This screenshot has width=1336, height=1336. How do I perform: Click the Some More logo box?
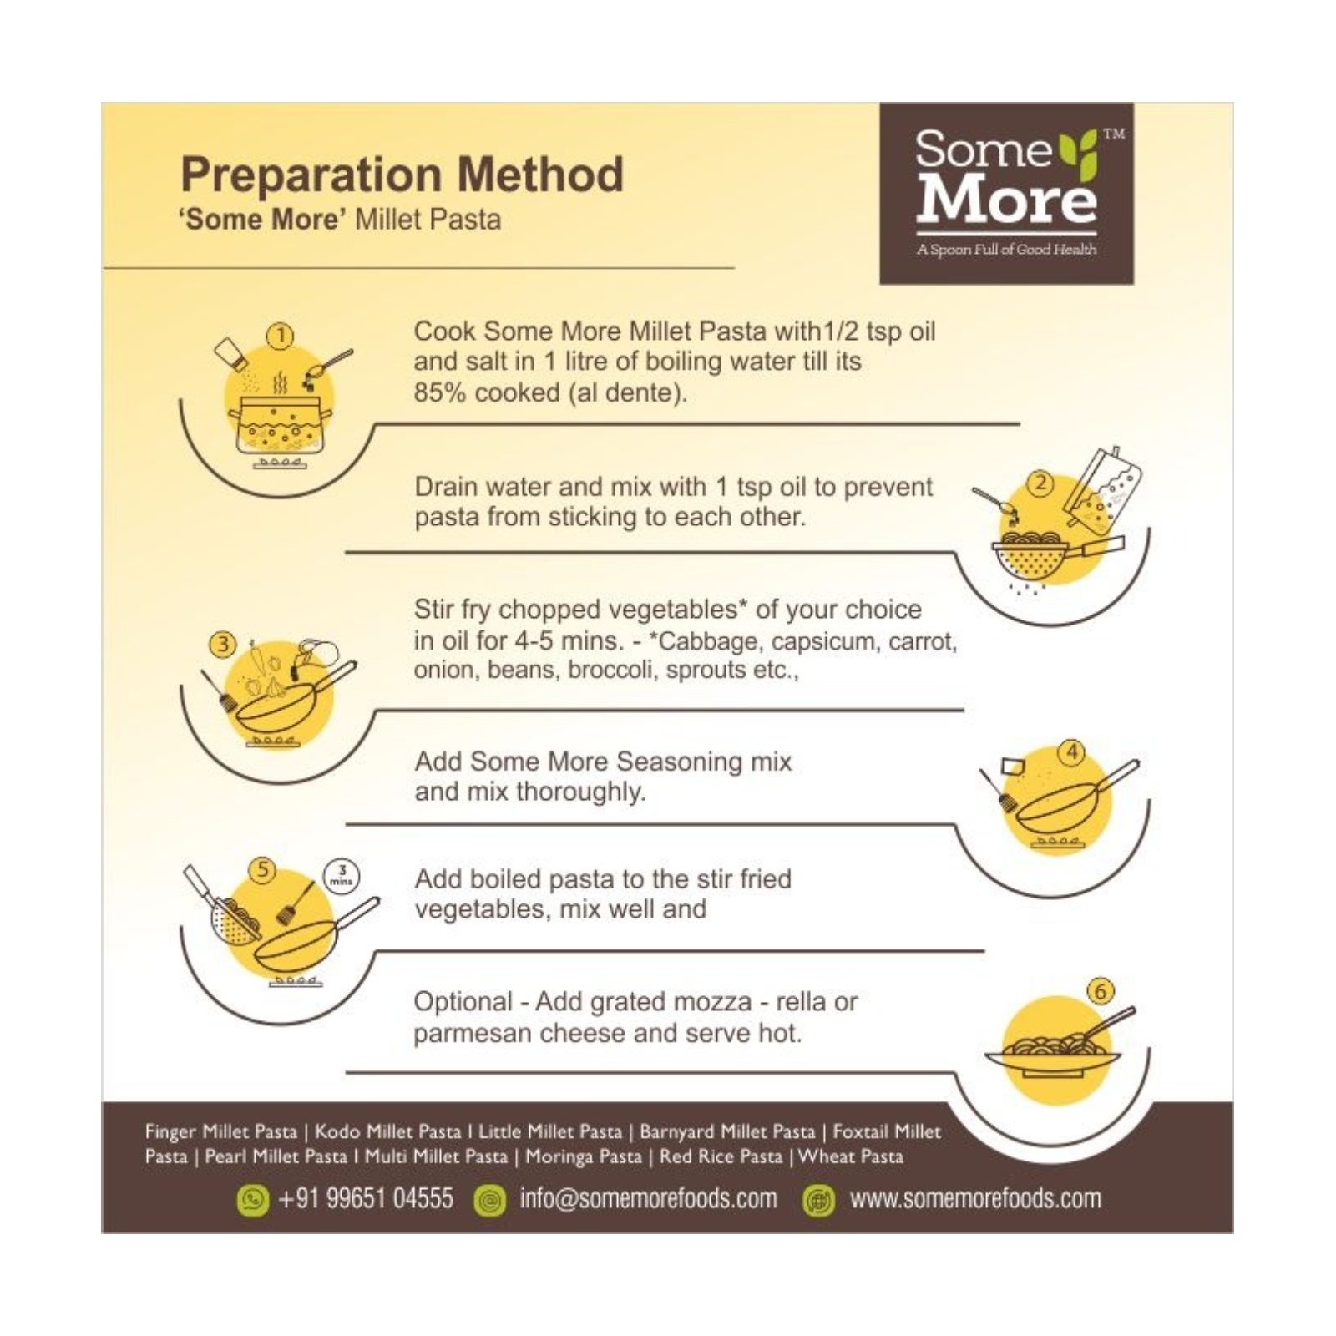(1006, 193)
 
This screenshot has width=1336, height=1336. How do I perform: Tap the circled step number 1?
(281, 337)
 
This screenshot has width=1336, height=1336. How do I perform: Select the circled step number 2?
(1040, 483)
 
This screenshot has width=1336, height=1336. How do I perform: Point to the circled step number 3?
(223, 645)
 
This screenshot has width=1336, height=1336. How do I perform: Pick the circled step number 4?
(1071, 752)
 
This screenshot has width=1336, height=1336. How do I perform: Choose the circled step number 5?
(263, 869)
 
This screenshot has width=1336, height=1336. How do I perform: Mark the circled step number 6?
(1101, 991)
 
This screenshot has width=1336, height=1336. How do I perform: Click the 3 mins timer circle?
(342, 876)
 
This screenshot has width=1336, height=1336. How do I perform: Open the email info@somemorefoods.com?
(648, 1199)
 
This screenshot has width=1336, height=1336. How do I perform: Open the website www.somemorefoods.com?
(974, 1199)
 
